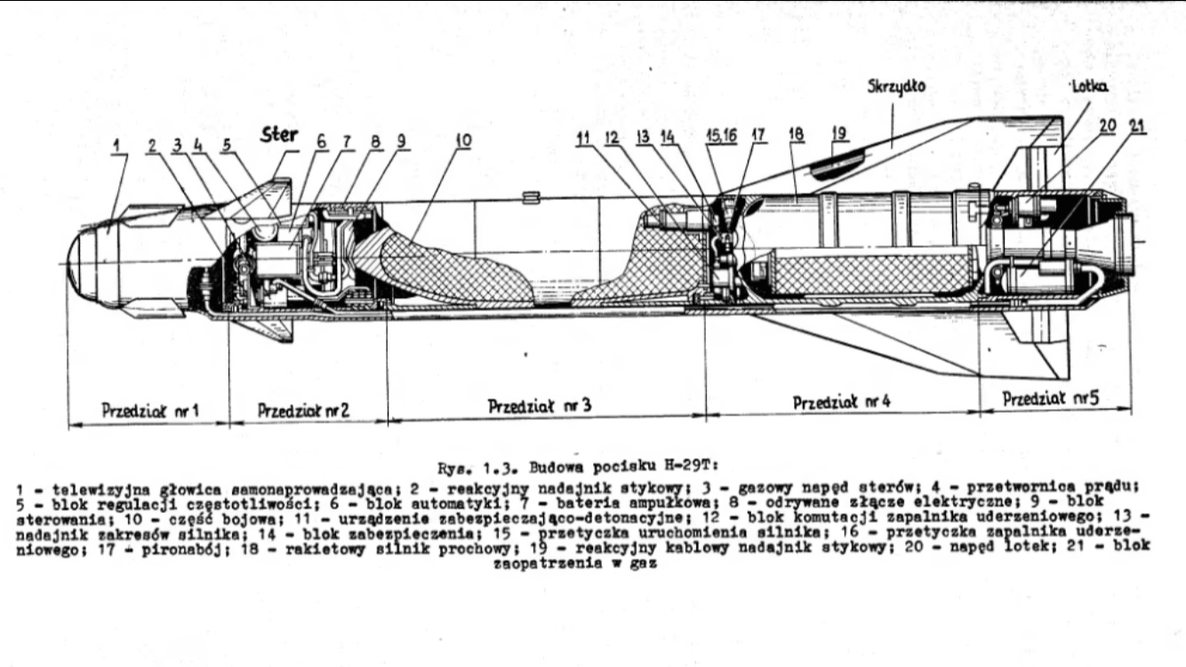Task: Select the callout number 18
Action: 796,133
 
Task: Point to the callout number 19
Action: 840,133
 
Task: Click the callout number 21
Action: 1138,126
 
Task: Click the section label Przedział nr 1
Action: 150,411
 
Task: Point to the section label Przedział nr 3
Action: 540,406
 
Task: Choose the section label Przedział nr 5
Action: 1051,399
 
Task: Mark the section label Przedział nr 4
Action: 841,403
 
